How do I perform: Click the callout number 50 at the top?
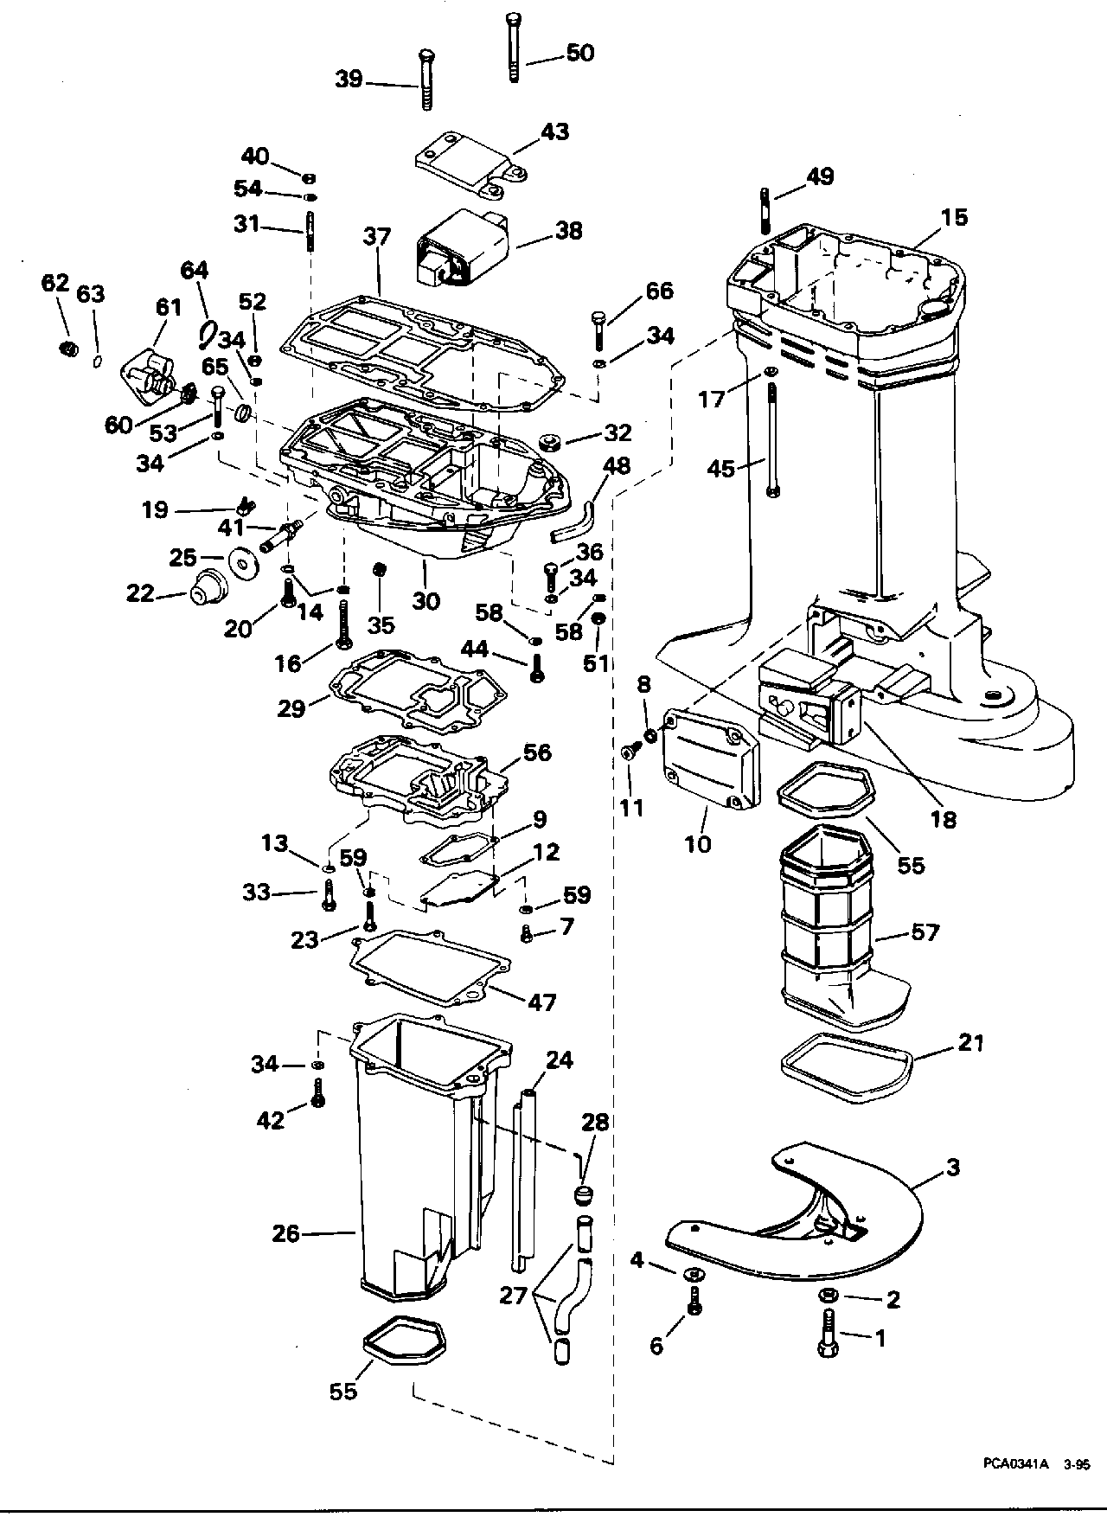coord(580,53)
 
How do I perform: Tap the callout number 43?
coord(554,131)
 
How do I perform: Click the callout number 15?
coord(955,217)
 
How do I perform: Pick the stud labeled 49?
coord(765,209)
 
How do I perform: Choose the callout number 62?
coord(54,283)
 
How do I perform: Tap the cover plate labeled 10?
coord(709,761)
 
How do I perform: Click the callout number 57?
coord(924,932)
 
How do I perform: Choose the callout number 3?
coord(953,1168)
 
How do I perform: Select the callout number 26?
coord(286,1233)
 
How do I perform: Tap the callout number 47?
coord(542,1002)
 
